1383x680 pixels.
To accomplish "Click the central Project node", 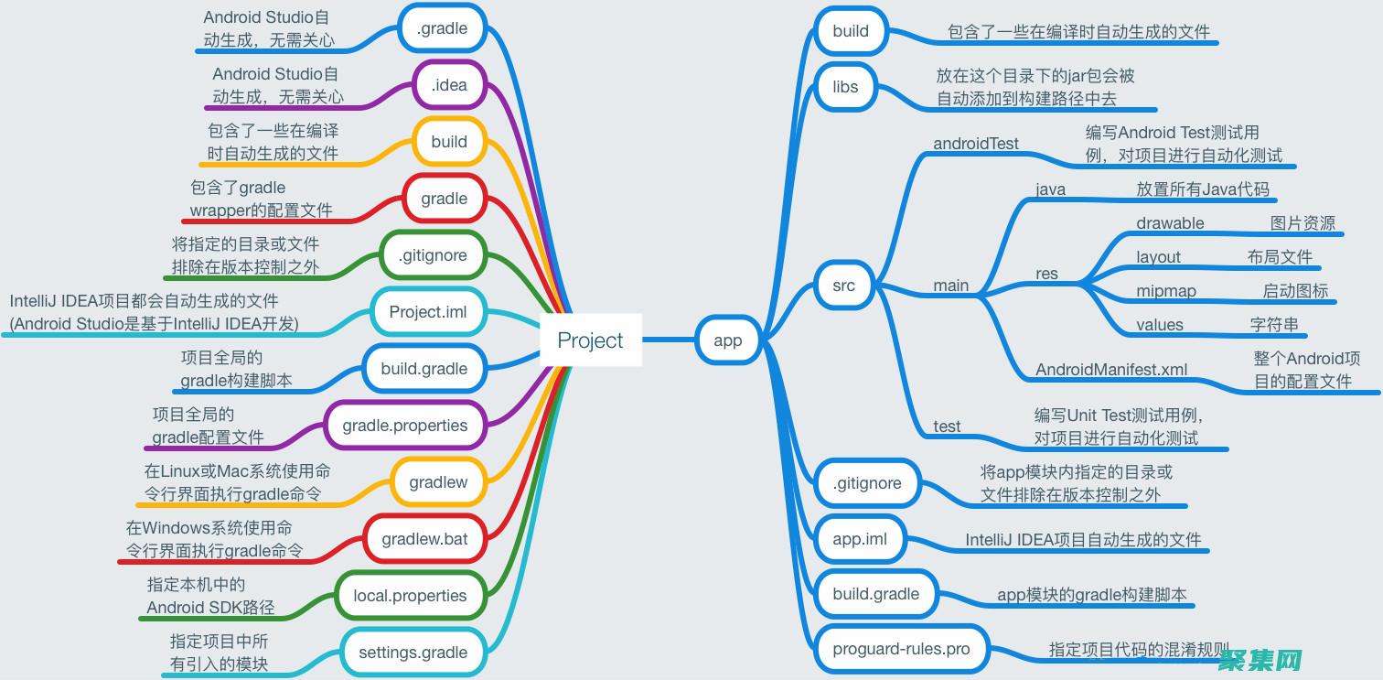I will pyautogui.click(x=590, y=340).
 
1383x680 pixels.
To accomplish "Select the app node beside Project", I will pyautogui.click(x=727, y=340).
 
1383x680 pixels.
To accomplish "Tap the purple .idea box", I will pyautogui.click(x=449, y=85).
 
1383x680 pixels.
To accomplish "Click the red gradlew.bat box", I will pyautogui.click(x=424, y=539).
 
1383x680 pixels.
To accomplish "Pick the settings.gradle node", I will pyautogui.click(x=413, y=653).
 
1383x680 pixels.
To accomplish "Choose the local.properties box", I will pyautogui.click(x=410, y=596).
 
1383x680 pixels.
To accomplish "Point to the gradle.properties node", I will pyautogui.click(x=404, y=426).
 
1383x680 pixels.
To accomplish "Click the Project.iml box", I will pyautogui.click(x=427, y=312).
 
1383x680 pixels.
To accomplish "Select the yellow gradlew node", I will pyautogui.click(x=438, y=482).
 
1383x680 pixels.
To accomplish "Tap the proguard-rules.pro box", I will pyautogui.click(x=901, y=649).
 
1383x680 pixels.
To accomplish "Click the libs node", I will pyautogui.click(x=845, y=87).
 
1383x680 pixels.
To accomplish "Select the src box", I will pyautogui.click(x=843, y=286).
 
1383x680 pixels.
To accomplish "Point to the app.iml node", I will pyautogui.click(x=860, y=539).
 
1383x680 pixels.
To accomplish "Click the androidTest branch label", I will pyautogui.click(x=975, y=144).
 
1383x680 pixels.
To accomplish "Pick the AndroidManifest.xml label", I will pyautogui.click(x=1111, y=370).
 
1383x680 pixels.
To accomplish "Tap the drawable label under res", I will pyautogui.click(x=1170, y=223).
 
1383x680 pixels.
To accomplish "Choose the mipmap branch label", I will pyautogui.click(x=1166, y=291).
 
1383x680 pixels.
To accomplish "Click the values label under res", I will pyautogui.click(x=1160, y=325).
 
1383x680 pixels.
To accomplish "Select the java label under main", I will pyautogui.click(x=1050, y=189).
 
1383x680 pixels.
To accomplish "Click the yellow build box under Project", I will pyautogui.click(x=449, y=142).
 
